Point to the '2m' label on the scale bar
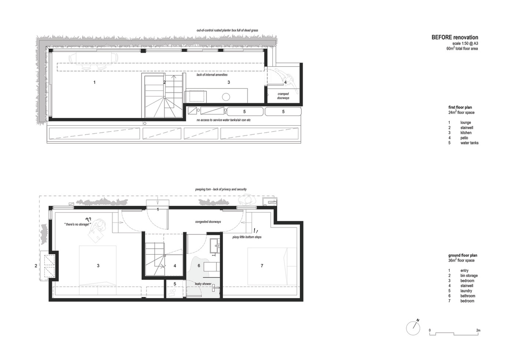click(478, 330)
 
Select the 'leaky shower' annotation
click(203, 284)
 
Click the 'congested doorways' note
click(208, 222)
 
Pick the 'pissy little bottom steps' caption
click(247, 237)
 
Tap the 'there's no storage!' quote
click(78, 224)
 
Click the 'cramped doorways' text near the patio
click(283, 96)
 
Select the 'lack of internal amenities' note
click(212, 75)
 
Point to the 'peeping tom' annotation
click(221, 189)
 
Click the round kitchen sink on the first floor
click(226, 97)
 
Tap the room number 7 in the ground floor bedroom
click(262, 266)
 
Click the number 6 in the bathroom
click(199, 266)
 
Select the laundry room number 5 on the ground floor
click(175, 284)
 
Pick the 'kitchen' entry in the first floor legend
click(466, 133)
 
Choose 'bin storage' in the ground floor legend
click(469, 275)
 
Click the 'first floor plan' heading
click(460, 107)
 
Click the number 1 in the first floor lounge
click(94, 82)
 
